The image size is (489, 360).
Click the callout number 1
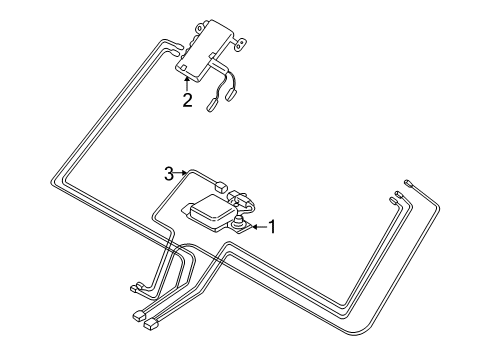[270, 227]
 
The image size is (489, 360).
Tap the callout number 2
[187, 100]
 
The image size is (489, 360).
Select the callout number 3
[170, 174]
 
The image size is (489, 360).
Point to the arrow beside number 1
[255, 227]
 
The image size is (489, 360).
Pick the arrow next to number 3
[181, 174]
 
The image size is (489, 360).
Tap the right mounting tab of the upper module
[240, 44]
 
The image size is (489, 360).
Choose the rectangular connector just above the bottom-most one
[137, 316]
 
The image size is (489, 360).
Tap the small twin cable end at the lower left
[137, 291]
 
